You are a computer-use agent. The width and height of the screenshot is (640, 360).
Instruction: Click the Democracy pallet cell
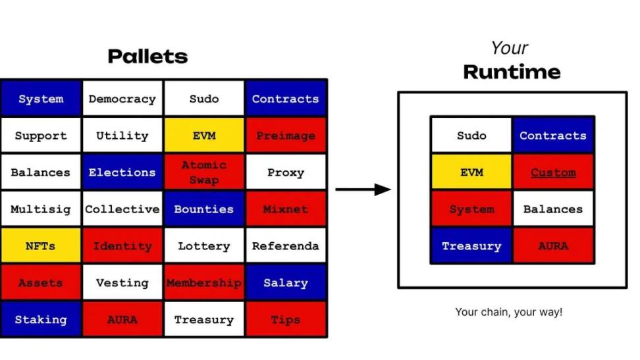[x=122, y=99]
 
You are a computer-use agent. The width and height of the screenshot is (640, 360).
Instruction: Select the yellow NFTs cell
[x=41, y=245]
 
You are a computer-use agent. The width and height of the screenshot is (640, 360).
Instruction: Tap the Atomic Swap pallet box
[x=204, y=172]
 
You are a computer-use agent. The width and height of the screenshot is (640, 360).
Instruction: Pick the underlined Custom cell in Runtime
[x=553, y=172]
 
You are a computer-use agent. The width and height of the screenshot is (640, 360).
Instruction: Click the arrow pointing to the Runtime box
[x=363, y=190]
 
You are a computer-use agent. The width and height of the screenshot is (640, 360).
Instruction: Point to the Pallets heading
[x=147, y=57]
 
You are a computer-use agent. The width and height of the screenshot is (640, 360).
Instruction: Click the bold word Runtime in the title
[x=512, y=72]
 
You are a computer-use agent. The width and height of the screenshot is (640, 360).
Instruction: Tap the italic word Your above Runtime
[x=510, y=48]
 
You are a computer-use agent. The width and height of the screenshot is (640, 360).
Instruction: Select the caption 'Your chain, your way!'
[x=508, y=312]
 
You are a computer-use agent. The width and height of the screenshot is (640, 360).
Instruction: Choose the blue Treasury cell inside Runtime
[x=471, y=245]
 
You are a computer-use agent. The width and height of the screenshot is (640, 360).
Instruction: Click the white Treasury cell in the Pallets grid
[x=204, y=319]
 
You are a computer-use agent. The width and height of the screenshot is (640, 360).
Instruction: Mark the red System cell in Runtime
[x=471, y=209]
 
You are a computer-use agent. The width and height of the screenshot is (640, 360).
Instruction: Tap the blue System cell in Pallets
[x=41, y=99]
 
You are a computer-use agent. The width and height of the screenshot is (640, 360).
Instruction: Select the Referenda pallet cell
[x=286, y=245]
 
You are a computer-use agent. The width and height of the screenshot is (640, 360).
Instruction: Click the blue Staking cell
[x=41, y=319]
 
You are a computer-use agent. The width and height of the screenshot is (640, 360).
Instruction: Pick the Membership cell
[x=204, y=282]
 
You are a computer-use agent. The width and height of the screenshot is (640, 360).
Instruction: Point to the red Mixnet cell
[x=286, y=209]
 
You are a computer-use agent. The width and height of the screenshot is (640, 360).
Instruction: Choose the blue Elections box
[x=122, y=172]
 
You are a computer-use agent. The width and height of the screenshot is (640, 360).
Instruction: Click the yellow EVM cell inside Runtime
[x=471, y=172]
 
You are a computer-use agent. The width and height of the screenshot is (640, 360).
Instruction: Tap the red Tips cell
[x=286, y=319]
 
